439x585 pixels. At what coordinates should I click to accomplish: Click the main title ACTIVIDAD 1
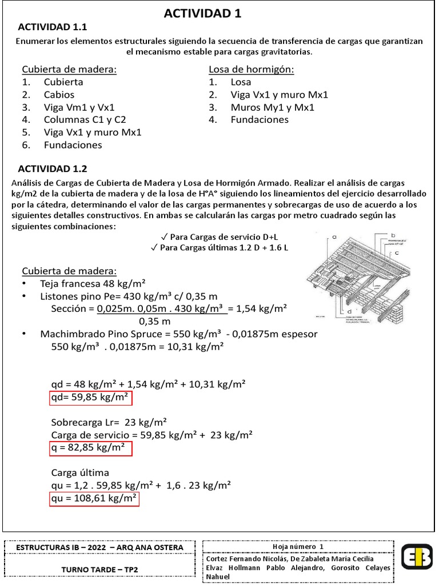click(202, 14)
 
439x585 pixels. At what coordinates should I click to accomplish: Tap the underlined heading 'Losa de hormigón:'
click(251, 69)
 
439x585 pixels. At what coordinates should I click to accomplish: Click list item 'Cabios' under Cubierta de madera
click(59, 95)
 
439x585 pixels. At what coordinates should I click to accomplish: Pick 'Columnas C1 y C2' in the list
click(85, 120)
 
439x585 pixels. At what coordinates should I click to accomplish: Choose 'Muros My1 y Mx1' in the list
click(272, 107)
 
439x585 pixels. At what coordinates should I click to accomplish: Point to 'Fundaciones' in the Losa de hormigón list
click(260, 120)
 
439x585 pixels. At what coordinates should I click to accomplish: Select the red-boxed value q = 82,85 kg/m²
click(90, 448)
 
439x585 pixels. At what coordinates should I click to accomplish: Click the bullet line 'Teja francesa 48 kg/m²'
click(92, 283)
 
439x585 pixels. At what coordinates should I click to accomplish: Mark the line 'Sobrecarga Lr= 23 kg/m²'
click(109, 422)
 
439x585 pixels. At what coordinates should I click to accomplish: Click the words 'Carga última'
click(80, 473)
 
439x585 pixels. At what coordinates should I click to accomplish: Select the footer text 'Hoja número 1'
click(298, 547)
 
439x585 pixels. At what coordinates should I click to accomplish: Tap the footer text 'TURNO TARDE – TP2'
click(100, 570)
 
